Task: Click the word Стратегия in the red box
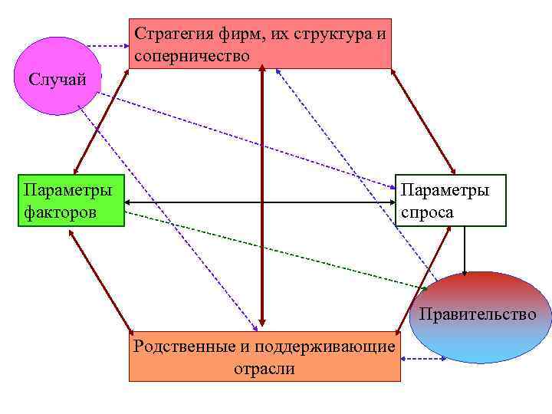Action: [x=170, y=34]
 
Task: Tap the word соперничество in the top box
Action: [x=192, y=56]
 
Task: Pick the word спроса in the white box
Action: [x=427, y=212]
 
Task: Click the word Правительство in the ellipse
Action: [x=478, y=314]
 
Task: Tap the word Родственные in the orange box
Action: [x=185, y=347]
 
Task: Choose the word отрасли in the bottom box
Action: [x=264, y=369]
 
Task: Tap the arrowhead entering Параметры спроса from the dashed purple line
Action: [x=390, y=186]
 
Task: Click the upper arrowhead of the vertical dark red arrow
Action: [x=262, y=69]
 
